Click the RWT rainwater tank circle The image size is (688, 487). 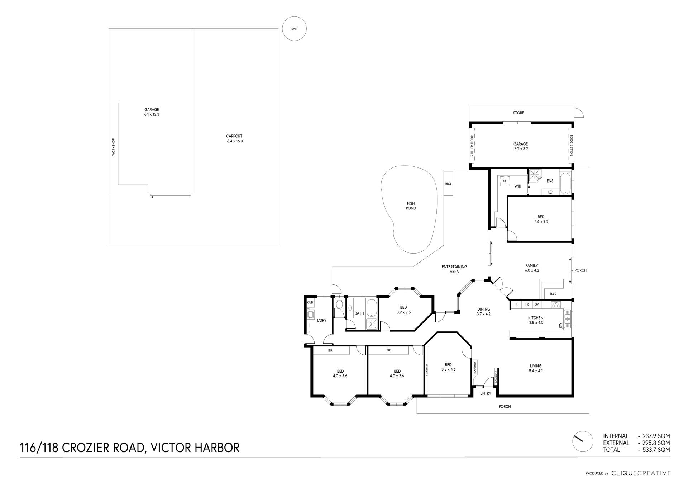tap(294, 29)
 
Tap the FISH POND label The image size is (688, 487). tap(411, 206)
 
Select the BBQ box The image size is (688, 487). tap(448, 183)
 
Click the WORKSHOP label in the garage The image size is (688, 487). tap(114, 147)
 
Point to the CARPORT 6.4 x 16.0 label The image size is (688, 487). tap(235, 138)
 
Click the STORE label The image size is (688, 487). tap(519, 113)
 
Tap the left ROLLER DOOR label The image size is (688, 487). tap(472, 145)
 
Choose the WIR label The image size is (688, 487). tap(518, 186)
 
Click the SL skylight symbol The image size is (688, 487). tap(505, 181)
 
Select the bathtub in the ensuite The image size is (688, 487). tap(565, 183)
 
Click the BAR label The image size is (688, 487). tap(553, 294)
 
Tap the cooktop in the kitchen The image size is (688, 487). tap(556, 304)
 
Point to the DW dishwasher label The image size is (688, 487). tap(561, 325)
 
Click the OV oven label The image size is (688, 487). tap(536, 304)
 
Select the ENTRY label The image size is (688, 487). tap(486, 393)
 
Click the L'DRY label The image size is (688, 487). tap(322, 320)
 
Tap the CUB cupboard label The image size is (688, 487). tap(310, 303)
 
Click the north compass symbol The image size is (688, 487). tap(583, 441)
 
